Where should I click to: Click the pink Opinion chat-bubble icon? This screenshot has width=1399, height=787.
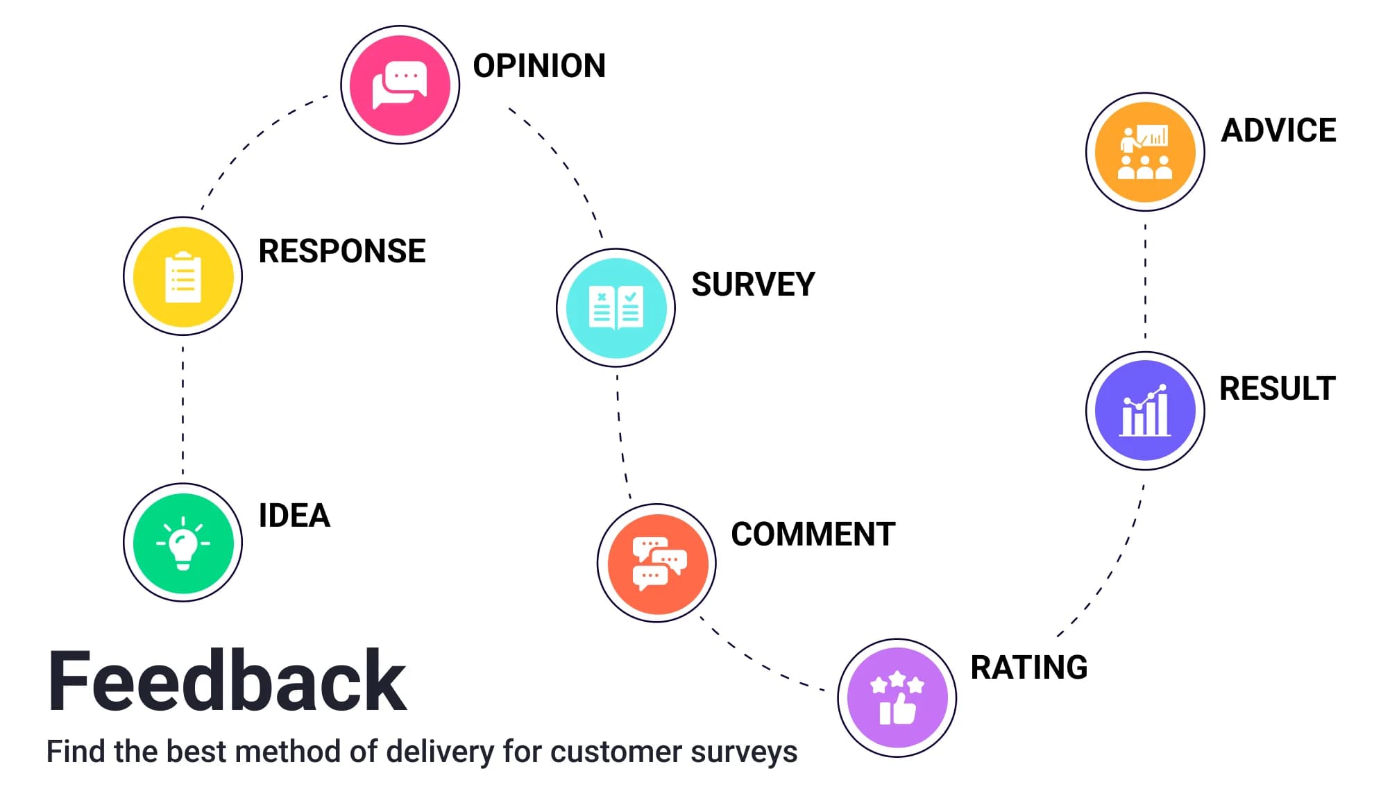(x=400, y=85)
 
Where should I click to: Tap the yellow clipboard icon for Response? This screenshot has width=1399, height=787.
(x=183, y=276)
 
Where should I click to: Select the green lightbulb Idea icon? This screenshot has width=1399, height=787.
(x=183, y=543)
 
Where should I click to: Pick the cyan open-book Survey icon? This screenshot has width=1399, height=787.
(x=616, y=307)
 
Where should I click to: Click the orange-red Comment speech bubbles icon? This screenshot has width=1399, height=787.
(x=657, y=563)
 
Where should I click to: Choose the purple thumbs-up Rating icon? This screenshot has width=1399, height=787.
(x=897, y=698)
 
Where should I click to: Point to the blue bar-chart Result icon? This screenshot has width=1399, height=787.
(x=1145, y=411)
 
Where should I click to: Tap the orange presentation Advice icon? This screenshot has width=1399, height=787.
(x=1145, y=152)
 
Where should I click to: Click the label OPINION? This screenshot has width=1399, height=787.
(x=539, y=66)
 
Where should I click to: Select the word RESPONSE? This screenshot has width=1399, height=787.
(x=342, y=251)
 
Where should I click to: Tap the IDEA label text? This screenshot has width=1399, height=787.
(x=294, y=516)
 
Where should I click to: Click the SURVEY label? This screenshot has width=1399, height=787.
(x=753, y=285)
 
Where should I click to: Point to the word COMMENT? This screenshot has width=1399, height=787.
(x=813, y=534)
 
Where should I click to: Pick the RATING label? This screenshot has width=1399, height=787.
(x=1029, y=668)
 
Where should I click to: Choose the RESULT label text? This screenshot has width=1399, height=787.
(x=1278, y=389)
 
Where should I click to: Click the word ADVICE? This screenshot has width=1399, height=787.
(x=1278, y=130)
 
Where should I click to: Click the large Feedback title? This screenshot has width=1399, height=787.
(x=227, y=682)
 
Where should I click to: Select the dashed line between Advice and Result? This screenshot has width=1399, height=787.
(x=1145, y=281)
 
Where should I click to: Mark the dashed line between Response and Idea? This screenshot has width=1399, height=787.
(x=183, y=409)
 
